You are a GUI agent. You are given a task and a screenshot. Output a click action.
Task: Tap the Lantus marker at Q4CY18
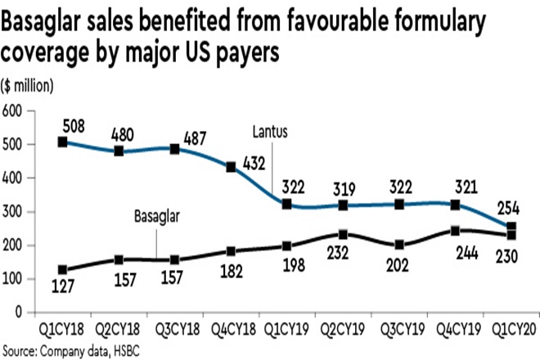pyautogui.click(x=232, y=167)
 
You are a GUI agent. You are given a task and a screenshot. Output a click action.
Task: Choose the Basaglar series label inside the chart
pyautogui.click(x=155, y=217)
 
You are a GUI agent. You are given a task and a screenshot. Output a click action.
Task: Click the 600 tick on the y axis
pyautogui.click(x=12, y=110)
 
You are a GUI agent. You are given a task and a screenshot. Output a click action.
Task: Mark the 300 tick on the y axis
pyautogui.click(x=12, y=211)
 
